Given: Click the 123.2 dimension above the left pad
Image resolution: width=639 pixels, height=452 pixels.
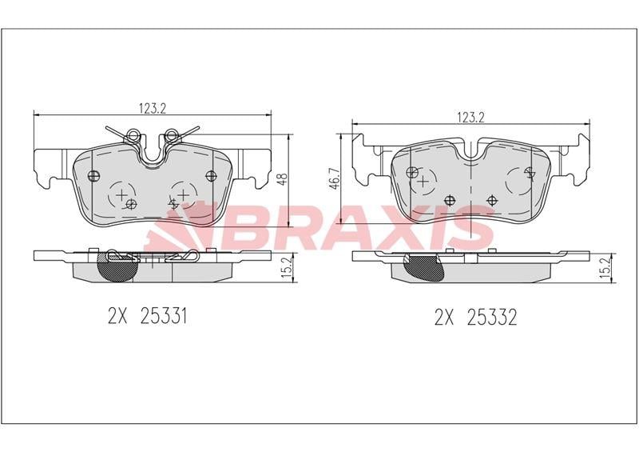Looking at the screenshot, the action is pos(153,108).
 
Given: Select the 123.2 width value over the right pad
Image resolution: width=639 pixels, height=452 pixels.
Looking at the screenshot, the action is pos(470,117).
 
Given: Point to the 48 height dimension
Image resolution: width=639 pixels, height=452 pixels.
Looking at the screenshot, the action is pos(283,179).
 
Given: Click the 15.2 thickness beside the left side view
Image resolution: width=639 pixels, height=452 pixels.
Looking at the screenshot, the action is pos(288,267).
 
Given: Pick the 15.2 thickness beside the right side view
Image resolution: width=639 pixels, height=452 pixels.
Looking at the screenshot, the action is pos(606,267).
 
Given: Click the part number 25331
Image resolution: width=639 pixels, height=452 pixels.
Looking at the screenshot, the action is pos(164,316).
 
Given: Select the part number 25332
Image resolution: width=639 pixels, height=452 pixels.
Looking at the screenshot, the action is pos(491,317).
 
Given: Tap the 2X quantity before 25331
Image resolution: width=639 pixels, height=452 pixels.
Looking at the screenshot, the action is pos(117,316).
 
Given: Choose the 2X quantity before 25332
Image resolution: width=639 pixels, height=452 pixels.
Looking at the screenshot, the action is pos(444,317).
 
